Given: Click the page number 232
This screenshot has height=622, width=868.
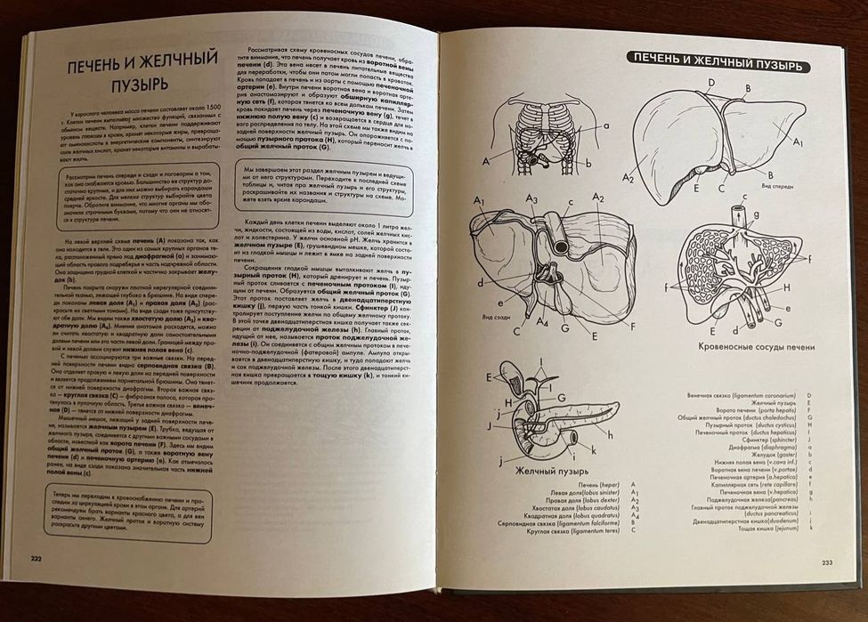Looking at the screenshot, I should click(x=37, y=558).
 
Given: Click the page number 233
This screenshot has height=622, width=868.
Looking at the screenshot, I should click(x=826, y=561).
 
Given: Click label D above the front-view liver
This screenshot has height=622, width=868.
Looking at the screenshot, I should click(x=710, y=83).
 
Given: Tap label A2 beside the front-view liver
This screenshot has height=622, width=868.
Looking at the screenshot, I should click(x=629, y=178).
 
